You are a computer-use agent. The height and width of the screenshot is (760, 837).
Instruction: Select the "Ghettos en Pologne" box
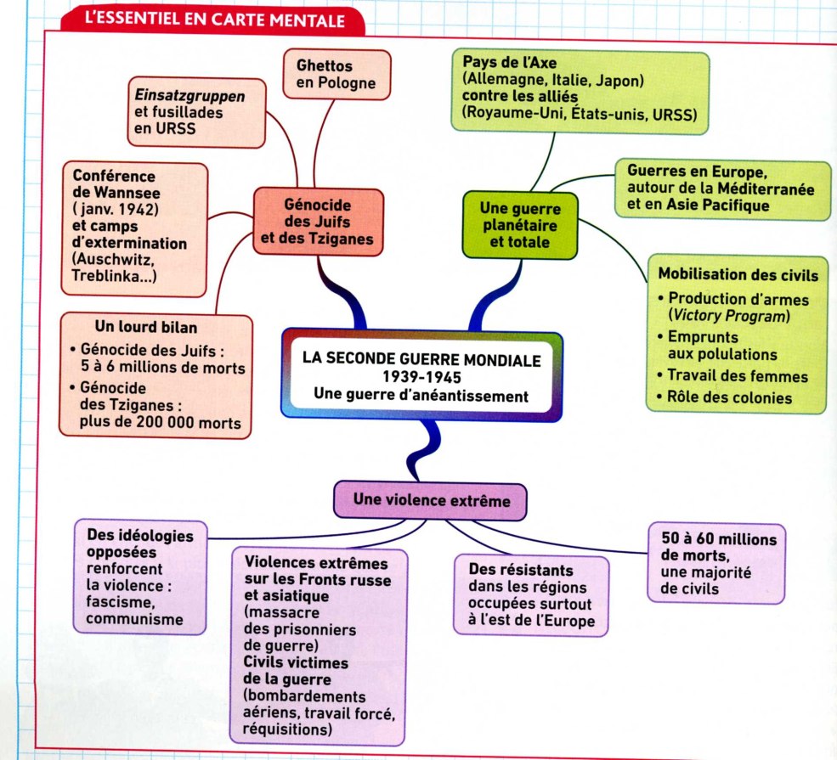[x=336, y=75]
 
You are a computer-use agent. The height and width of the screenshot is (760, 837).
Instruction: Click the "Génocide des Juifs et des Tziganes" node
[x=317, y=221]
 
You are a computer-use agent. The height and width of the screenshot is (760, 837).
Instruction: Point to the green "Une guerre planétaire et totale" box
[x=519, y=224]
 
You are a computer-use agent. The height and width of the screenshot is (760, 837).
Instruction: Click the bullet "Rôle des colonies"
[x=730, y=397]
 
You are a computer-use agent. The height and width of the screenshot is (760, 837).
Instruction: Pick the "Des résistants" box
[x=531, y=595]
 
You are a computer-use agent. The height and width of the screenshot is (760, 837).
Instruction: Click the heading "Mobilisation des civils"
[x=738, y=275]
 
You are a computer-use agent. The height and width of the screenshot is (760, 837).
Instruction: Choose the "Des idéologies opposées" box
[x=140, y=577]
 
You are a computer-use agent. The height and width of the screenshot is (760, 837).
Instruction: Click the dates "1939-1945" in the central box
[x=421, y=377]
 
